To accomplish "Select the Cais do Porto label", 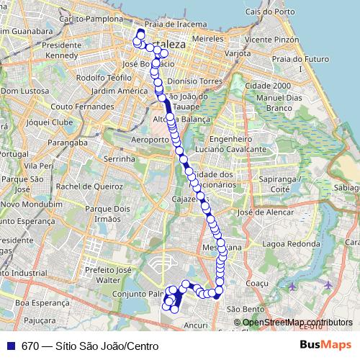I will pyautogui.click(x=269, y=12).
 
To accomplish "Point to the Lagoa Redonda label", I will pyautogui.click(x=292, y=243).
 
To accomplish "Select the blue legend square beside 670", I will pyautogui.click(x=10, y=346).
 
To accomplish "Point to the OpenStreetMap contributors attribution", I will pyautogui.click(x=297, y=323).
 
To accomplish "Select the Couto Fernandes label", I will pyautogui.click(x=82, y=107).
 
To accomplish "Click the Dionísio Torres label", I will pyautogui.click(x=192, y=81).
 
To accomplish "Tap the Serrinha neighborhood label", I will pyautogui.click(x=120, y=158).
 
